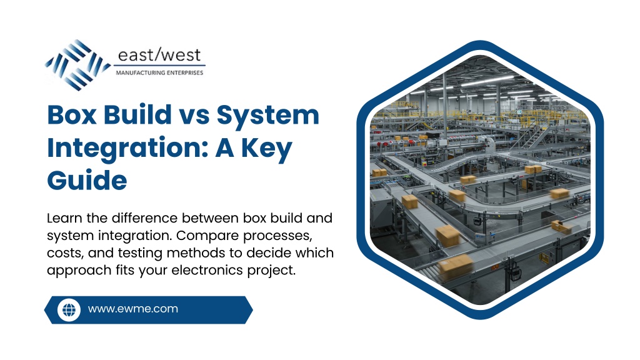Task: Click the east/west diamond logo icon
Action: pyautogui.click(x=77, y=65)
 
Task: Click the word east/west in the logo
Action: pyautogui.click(x=159, y=55)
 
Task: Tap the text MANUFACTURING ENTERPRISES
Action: pyautogui.click(x=159, y=72)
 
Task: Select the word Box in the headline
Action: pyautogui.click(x=72, y=115)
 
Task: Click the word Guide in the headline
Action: pyautogui.click(x=87, y=180)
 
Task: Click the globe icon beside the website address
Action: pyautogui.click(x=69, y=310)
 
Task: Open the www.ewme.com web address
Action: pyautogui.click(x=133, y=309)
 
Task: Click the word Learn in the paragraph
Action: pyautogui.click(x=64, y=218)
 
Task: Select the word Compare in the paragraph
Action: pyautogui.click(x=207, y=236)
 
